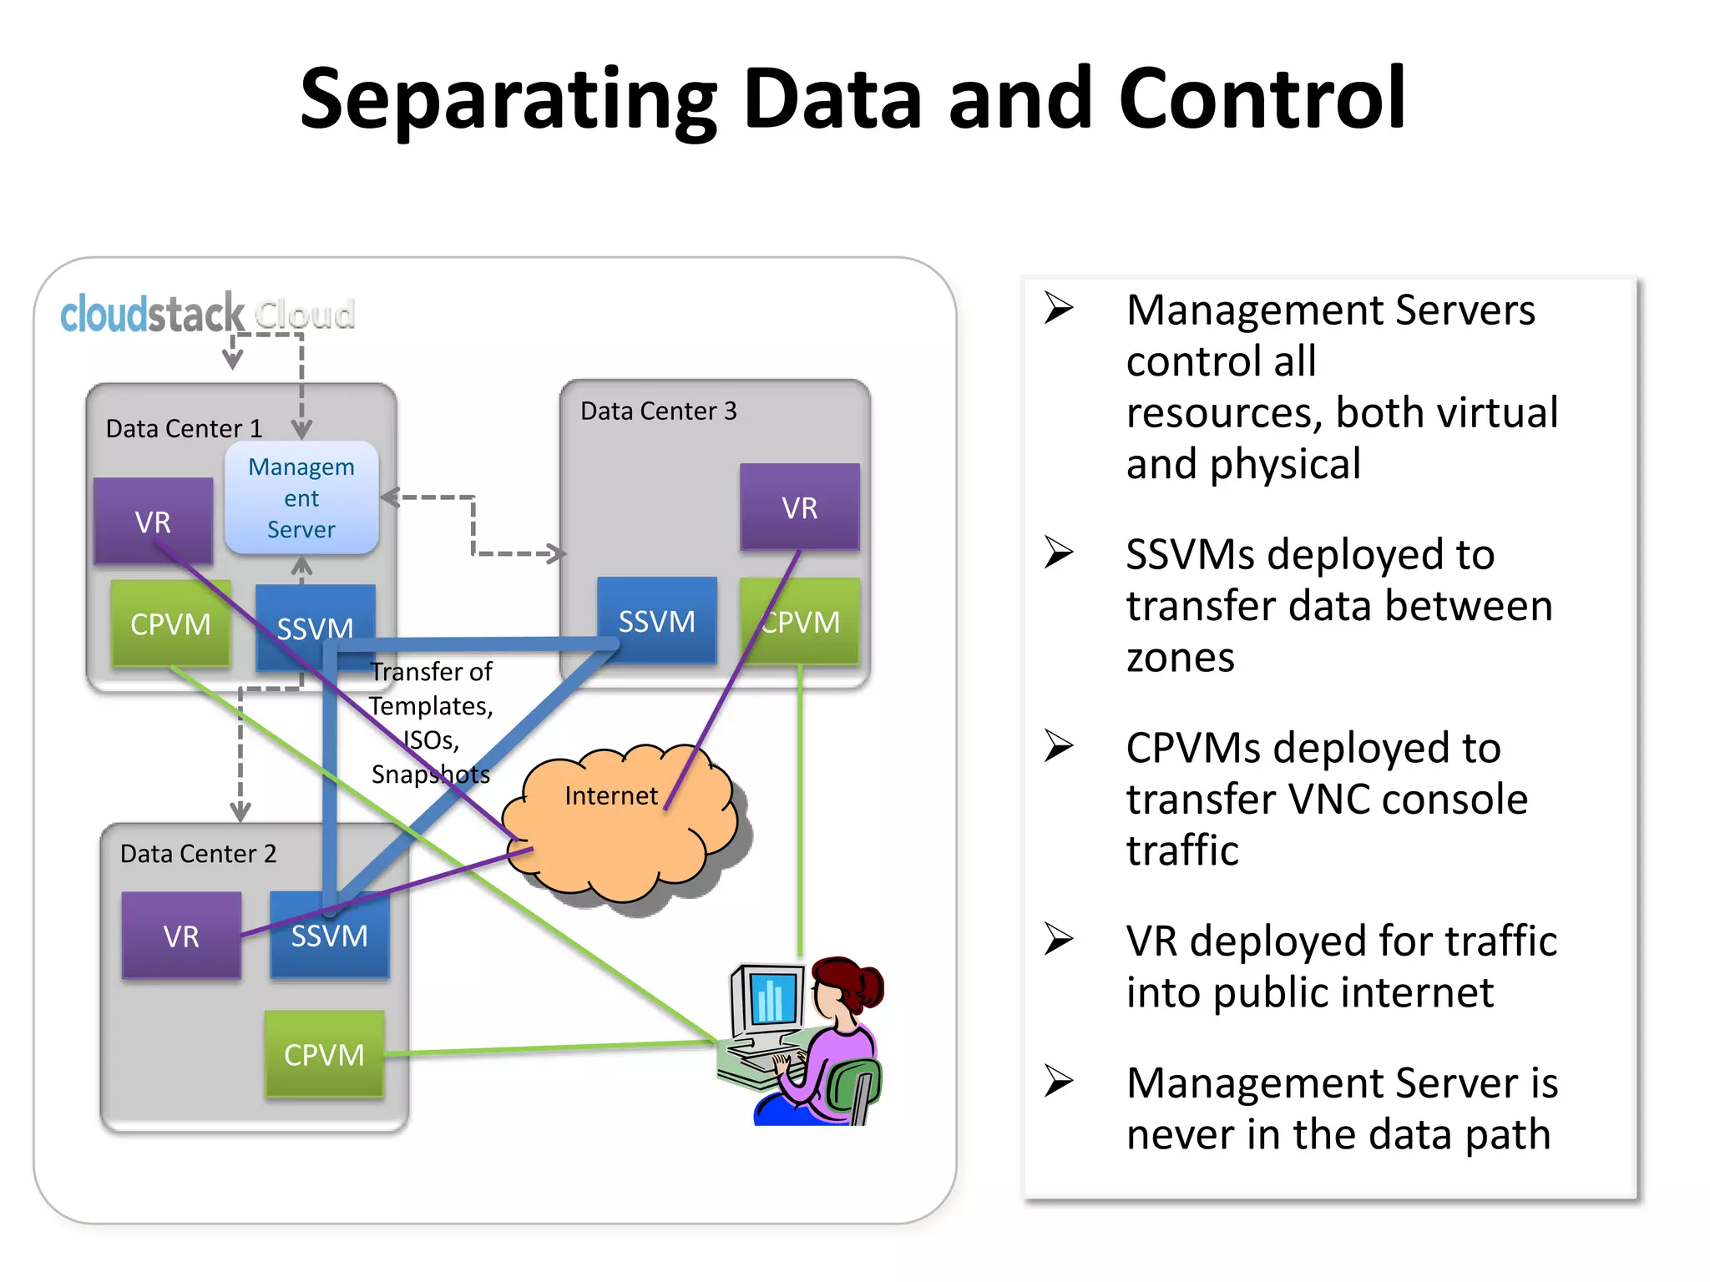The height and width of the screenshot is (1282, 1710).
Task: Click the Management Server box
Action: [x=301, y=498]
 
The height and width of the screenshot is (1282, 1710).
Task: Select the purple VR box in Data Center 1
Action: [x=153, y=521]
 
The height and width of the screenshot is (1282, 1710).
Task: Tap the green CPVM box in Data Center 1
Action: [x=170, y=623]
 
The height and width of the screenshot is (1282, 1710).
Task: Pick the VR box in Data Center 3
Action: [x=799, y=507]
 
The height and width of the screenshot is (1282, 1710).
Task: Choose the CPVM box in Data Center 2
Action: [x=324, y=1054]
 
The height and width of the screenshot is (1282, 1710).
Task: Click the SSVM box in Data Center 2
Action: [x=329, y=936]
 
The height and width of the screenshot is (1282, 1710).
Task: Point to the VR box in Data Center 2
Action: [x=181, y=936]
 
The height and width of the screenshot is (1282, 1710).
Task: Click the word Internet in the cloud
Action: [x=611, y=795]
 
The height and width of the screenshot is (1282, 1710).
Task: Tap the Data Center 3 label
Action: [x=658, y=411]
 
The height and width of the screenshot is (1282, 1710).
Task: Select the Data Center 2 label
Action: [x=198, y=853]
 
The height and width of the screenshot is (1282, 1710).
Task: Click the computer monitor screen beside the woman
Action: [x=771, y=998]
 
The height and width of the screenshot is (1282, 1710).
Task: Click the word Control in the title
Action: [x=1262, y=98]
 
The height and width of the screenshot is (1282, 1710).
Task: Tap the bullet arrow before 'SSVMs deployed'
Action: [x=1059, y=553]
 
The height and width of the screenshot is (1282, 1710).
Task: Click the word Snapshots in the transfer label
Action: [x=430, y=775]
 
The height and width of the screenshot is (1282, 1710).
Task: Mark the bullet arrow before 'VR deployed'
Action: [x=1059, y=939]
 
